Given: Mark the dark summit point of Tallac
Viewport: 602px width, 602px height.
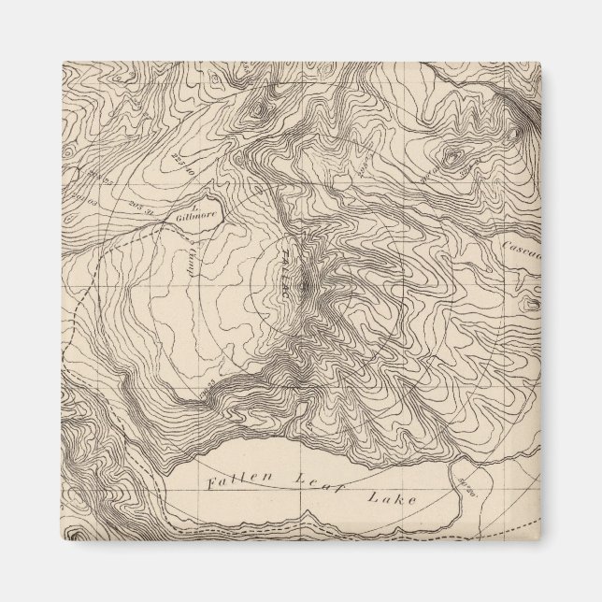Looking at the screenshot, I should pos(305,281).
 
